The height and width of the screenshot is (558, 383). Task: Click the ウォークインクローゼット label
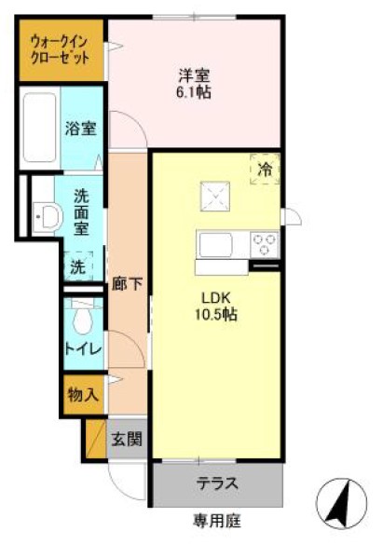tap(60, 48)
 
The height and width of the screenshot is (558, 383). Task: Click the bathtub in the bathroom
tap(37, 129)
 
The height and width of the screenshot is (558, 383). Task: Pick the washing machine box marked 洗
tap(79, 265)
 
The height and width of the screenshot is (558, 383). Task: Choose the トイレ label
tap(82, 349)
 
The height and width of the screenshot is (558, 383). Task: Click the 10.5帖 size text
tap(216, 314)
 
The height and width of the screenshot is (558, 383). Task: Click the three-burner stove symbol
tap(265, 245)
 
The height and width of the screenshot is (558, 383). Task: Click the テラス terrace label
tap(216, 484)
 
